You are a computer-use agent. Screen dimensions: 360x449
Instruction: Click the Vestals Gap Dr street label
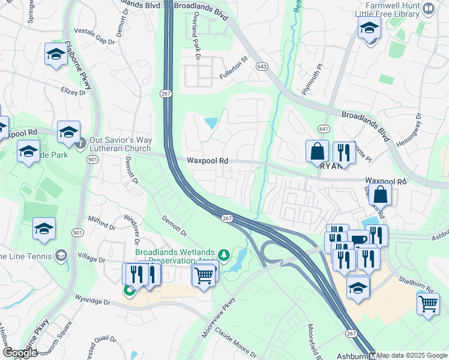pyautogui.click(x=94, y=35)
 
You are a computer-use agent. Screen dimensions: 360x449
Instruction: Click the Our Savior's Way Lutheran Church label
pyautogui.click(x=120, y=144)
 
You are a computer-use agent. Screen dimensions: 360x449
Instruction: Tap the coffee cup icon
pyautogui.click(x=360, y=239)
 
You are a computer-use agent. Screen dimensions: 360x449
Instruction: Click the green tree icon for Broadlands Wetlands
pyautogui.click(x=224, y=255)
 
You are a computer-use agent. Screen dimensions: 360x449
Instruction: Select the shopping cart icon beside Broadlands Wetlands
pyautogui.click(x=204, y=275)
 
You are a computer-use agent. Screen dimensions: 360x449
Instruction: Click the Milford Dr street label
pyautogui.click(x=101, y=223)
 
